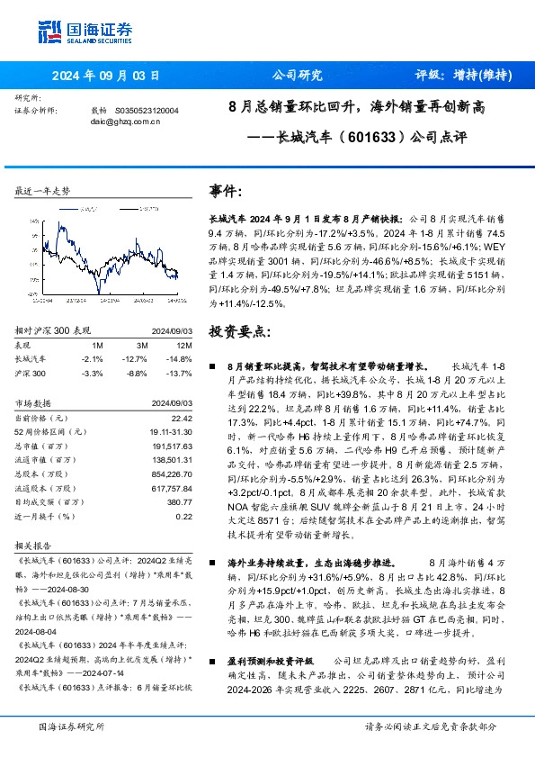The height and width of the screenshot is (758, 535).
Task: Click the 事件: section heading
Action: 226,191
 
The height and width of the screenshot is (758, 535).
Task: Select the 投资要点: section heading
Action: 238,331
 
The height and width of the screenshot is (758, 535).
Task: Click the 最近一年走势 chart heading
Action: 42,192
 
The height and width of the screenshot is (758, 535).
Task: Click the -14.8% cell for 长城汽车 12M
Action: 180,358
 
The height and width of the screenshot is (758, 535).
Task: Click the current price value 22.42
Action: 181,417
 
